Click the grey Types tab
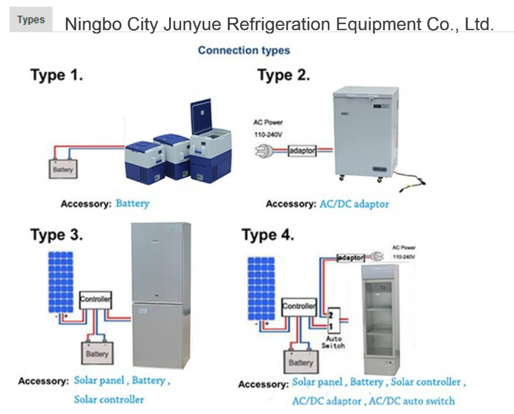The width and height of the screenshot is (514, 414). point(31,20)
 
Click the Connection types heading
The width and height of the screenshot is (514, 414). point(244,51)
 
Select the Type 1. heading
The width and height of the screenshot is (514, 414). point(57,75)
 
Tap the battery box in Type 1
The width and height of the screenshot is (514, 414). point(63,170)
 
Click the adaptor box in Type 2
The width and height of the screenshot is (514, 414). point(302,149)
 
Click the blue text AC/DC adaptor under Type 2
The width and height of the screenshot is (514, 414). point(354,204)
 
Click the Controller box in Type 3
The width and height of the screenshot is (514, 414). point(96,300)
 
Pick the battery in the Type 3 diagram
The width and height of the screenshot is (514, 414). point(97,353)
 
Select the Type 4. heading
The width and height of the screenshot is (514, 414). point(268,235)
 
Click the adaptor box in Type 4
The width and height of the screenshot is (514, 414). point(350,257)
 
